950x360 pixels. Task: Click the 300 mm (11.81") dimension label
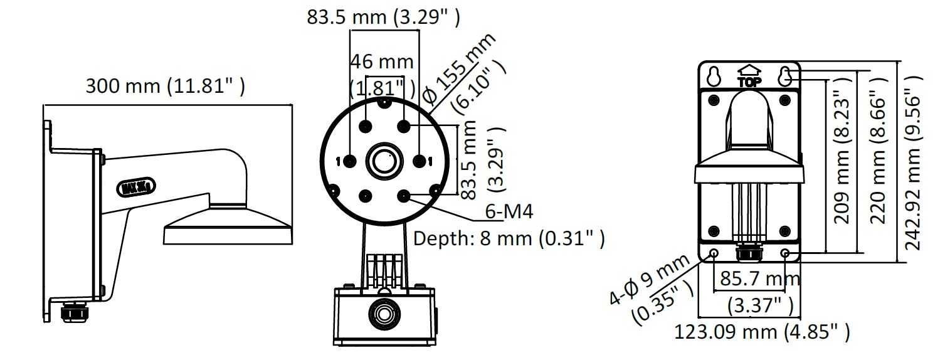click(166, 87)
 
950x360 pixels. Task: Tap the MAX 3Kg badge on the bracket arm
click(135, 186)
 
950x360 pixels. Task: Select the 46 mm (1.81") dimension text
click(382, 75)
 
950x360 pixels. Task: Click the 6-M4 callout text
click(509, 211)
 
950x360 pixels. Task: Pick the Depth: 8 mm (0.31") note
click(509, 238)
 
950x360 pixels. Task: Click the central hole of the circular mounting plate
click(384, 161)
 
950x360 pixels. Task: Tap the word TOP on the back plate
click(749, 82)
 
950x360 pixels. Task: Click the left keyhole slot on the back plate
click(714, 77)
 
